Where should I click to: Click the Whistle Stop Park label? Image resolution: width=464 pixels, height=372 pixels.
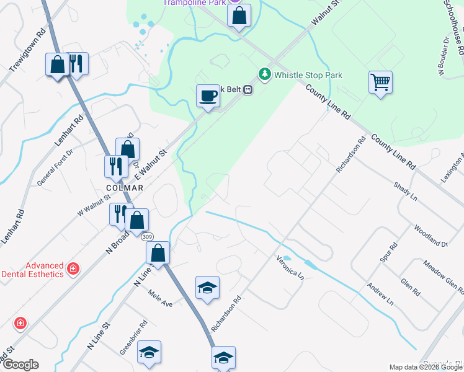tap(308, 75)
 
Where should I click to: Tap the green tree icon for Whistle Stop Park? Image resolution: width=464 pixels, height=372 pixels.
tap(265, 74)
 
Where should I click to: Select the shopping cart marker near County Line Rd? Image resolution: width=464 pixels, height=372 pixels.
tap(380, 82)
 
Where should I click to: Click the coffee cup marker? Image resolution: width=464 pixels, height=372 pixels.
tap(208, 95)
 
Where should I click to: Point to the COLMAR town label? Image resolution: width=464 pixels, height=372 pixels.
tap(125, 188)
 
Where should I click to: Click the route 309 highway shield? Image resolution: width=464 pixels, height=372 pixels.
tap(147, 237)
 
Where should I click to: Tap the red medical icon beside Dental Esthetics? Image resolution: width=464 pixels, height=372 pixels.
tap(73, 268)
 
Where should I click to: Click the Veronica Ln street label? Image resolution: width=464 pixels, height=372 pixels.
tap(290, 266)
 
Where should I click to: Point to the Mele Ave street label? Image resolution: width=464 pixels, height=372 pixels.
tap(159, 300)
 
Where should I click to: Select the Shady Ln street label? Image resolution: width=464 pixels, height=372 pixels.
tap(406, 191)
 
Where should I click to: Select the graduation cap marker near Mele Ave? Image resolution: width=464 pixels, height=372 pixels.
tap(207, 288)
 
